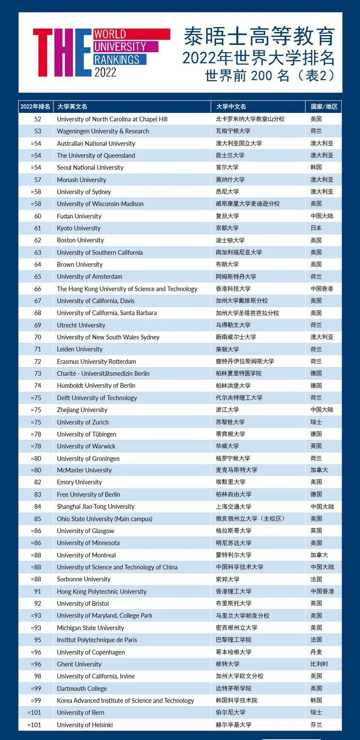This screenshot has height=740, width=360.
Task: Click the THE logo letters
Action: [x=62, y=53]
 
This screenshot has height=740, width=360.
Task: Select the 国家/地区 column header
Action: [x=324, y=106]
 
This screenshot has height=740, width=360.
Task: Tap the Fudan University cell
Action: [x=79, y=216]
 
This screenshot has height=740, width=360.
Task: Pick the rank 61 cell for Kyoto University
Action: [x=38, y=228]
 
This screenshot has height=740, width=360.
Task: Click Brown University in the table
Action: [x=80, y=264]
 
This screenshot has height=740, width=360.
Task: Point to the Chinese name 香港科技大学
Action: [x=233, y=289]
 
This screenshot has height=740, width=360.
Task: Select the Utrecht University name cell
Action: [x=81, y=325]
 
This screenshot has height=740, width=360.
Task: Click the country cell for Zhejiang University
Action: [x=322, y=410]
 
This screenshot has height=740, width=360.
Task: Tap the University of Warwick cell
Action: [x=86, y=446]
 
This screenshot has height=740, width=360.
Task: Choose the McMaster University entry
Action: [x=84, y=470]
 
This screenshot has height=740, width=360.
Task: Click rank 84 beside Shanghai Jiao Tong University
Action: [x=38, y=506]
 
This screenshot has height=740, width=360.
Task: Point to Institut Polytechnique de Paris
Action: [x=97, y=640]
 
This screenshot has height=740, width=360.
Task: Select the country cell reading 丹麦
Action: [x=316, y=652]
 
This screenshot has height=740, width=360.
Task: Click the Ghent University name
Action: [x=79, y=664]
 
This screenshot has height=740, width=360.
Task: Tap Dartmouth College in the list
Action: [x=82, y=688]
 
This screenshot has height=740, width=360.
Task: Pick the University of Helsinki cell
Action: [x=85, y=725]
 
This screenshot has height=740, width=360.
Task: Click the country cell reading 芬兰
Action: [x=316, y=725]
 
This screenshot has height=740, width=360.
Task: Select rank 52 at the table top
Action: [x=38, y=119]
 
